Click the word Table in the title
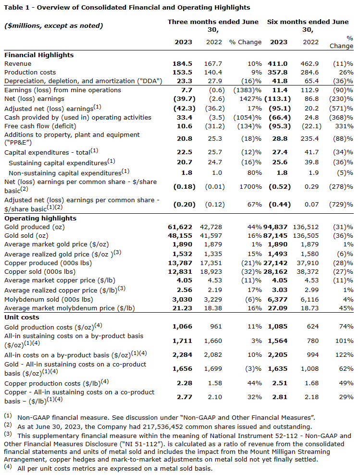click(13, 7)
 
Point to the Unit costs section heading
click(22, 317)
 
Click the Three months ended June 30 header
click(213, 25)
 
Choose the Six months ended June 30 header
click(308, 25)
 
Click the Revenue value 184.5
click(182, 63)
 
